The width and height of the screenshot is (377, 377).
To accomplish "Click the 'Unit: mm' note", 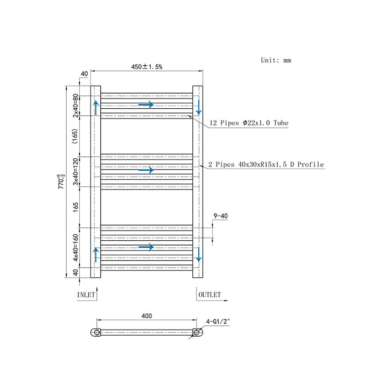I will click(275, 60).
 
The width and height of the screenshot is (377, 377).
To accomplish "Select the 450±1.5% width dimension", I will click(146, 67).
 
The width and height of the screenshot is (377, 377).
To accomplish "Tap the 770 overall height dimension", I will click(62, 180).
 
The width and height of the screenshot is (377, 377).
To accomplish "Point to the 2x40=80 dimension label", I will click(76, 106).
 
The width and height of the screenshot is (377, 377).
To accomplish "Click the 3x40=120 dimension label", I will click(76, 171).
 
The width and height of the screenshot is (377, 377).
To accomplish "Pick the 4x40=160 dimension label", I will click(76, 247).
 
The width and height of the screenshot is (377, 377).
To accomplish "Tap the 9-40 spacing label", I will click(220, 217).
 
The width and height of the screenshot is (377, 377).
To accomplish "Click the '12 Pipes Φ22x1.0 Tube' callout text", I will click(248, 123).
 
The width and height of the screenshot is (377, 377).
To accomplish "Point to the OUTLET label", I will click(210, 295).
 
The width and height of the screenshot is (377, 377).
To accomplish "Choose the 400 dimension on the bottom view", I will click(146, 316).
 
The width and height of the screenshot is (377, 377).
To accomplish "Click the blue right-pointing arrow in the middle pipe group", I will click(146, 170).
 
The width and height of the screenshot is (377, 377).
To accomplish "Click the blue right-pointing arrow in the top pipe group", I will click(146, 104).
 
